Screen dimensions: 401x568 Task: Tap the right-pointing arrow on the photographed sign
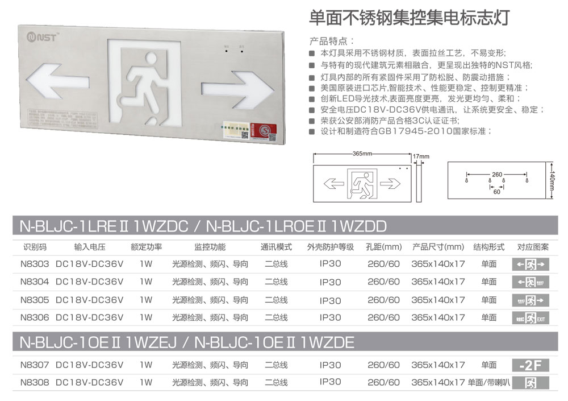click(x=229, y=89)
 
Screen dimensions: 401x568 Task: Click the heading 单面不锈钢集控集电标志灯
click(x=410, y=17)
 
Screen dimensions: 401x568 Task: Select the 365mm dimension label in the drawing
click(x=362, y=154)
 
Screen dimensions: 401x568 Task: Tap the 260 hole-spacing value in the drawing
click(x=497, y=174)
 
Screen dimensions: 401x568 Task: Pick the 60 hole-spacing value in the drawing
click(x=497, y=192)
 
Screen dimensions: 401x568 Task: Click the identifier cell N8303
click(x=34, y=264)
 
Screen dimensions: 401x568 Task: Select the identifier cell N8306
click(x=34, y=317)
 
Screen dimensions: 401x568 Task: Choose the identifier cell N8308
click(x=34, y=382)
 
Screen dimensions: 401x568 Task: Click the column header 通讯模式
click(x=276, y=247)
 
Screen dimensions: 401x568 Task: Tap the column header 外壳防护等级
click(x=331, y=247)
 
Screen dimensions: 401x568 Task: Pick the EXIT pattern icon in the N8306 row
click(x=531, y=319)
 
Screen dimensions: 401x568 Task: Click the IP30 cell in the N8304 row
click(x=331, y=282)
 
